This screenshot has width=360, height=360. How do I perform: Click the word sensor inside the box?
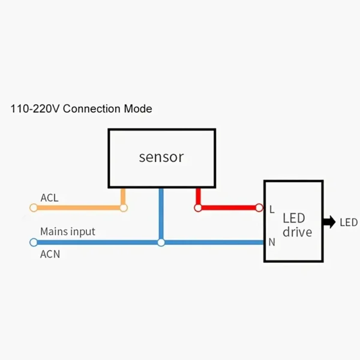tap(161, 157)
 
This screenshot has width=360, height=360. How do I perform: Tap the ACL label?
tap(49, 197)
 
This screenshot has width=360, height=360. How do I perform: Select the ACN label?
tap(50, 254)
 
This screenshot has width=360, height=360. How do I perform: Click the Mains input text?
tap(67, 231)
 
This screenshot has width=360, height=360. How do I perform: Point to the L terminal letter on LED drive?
tap(272, 209)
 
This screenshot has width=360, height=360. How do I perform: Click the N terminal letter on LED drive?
tap(272, 242)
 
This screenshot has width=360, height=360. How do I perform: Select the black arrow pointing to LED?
tap(329, 222)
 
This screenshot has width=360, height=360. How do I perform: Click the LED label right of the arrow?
tap(348, 223)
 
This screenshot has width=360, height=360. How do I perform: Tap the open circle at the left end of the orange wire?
tap(34, 208)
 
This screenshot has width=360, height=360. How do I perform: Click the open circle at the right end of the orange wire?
tap(124, 208)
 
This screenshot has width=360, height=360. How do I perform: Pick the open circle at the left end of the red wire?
tap(197, 208)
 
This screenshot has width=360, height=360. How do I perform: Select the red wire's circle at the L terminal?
tap(259, 208)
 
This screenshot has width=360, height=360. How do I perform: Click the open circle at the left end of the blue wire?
tap(34, 242)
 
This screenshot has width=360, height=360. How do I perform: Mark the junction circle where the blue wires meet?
tap(161, 242)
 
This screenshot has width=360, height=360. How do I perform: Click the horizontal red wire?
tap(228, 208)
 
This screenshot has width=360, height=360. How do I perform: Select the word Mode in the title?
tap(139, 109)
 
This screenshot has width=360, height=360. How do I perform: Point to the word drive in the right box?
tap(298, 232)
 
